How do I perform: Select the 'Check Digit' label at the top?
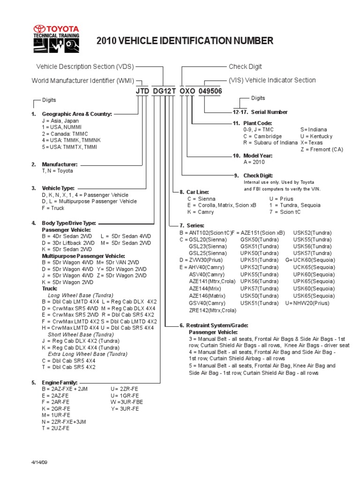(x=245, y=67)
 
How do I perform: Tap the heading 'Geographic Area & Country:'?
(x=77, y=114)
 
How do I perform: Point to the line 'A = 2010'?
(x=254, y=162)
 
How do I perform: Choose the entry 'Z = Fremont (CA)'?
(x=322, y=149)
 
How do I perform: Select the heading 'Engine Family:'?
(x=60, y=382)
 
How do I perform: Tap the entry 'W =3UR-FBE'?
(x=127, y=402)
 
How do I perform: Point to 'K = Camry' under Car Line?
(x=200, y=212)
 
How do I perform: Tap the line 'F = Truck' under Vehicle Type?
(x=52, y=208)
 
